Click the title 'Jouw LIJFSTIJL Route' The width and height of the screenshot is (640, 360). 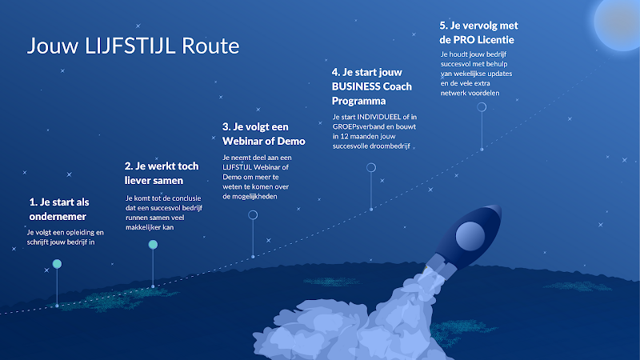[133, 46]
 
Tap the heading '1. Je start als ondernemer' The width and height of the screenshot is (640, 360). [58, 209]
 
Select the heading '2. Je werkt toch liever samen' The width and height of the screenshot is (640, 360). [162, 173]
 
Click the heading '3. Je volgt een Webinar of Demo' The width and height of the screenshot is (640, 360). [264, 134]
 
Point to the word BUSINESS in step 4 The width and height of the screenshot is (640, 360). [356, 86]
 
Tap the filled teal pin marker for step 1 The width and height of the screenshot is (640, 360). [57, 264]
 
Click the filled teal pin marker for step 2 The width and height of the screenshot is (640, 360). [153, 245]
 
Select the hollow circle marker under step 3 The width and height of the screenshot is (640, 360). [253, 210]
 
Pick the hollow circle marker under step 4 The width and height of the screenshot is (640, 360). [371, 163]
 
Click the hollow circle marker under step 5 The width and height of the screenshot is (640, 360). [482, 103]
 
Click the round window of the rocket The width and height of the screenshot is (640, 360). [470, 236]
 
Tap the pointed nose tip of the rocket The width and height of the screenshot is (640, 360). [500, 206]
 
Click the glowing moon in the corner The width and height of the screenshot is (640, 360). [618, 22]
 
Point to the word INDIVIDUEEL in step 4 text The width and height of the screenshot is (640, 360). [378, 117]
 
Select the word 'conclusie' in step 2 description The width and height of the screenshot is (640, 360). [186, 198]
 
